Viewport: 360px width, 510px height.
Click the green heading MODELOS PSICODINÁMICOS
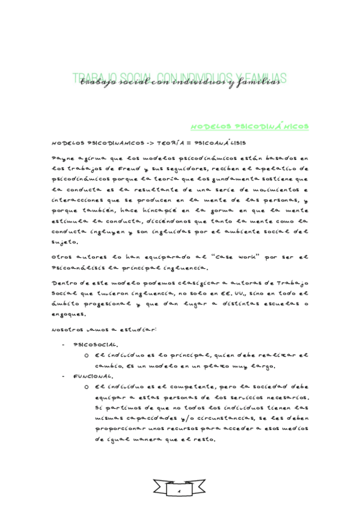click(x=249, y=127)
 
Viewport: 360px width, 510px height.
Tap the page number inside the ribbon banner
click(x=179, y=492)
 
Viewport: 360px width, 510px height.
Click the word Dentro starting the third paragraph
click(x=64, y=283)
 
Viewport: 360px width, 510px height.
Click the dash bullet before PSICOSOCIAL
click(x=63, y=345)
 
